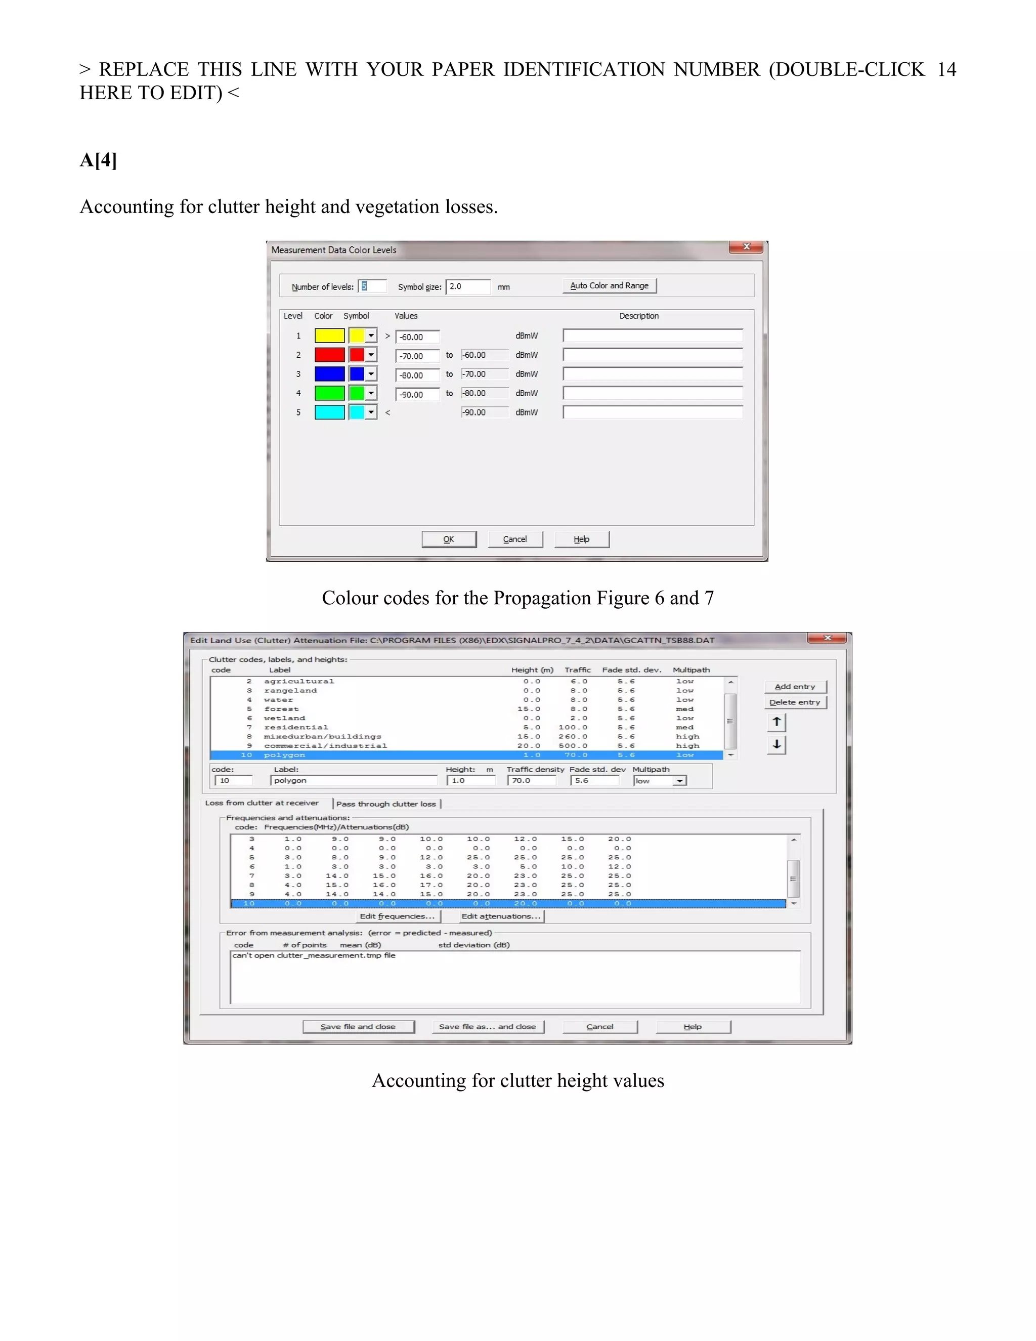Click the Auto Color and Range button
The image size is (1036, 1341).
(609, 286)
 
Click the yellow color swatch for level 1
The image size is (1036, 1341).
(329, 336)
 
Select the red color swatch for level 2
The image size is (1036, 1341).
(329, 355)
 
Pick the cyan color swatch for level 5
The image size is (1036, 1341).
(329, 412)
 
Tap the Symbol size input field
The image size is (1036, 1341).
(468, 287)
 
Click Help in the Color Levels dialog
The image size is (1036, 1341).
(581, 539)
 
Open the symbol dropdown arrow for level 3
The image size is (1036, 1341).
(371, 374)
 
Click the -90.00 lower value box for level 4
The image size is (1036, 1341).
(417, 394)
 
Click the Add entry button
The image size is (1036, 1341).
(795, 687)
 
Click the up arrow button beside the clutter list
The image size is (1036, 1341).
(776, 722)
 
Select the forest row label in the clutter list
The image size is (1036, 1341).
(281, 708)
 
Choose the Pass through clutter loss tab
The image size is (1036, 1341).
(386, 804)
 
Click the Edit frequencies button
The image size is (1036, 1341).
(397, 916)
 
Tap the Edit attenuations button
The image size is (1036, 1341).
(501, 916)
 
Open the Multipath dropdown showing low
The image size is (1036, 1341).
(679, 781)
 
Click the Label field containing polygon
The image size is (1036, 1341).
(353, 780)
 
